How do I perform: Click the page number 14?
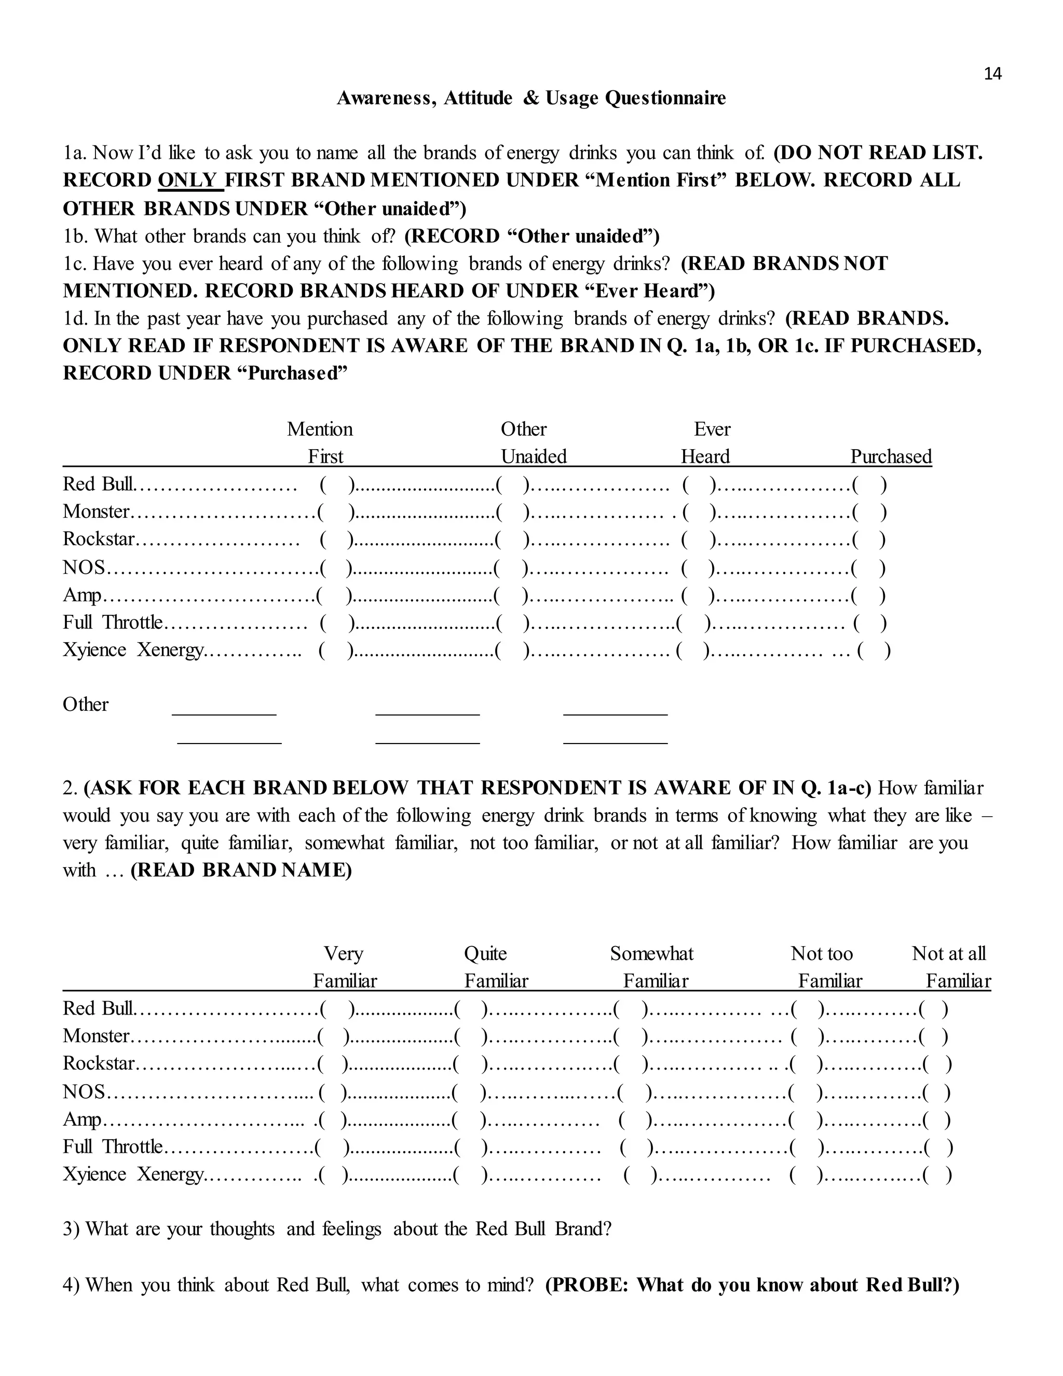tap(992, 74)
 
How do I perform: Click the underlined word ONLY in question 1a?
tap(189, 180)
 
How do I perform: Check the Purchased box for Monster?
tap(869, 512)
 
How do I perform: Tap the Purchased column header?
tap(891, 456)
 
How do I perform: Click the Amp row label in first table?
tap(82, 596)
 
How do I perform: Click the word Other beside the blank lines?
tap(86, 705)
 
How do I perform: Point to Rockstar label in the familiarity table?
tap(99, 1064)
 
